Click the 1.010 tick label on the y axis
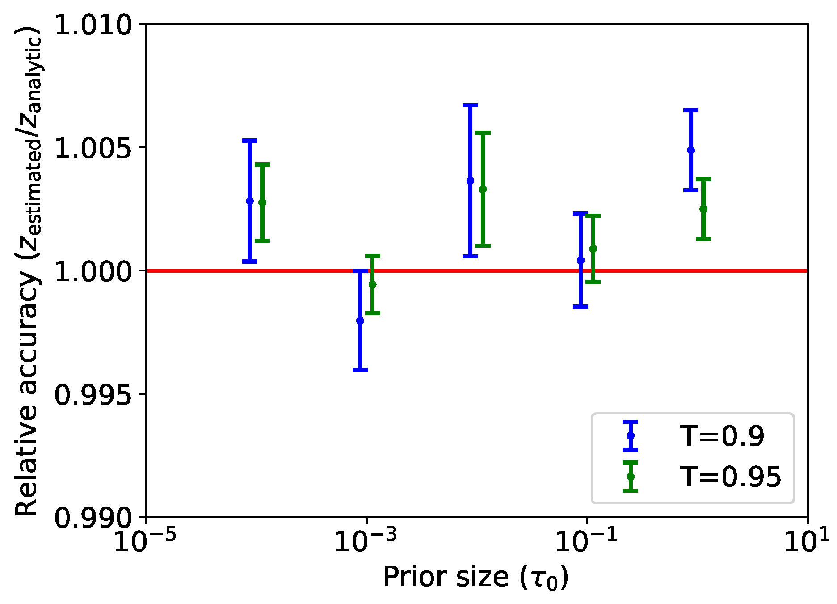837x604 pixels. [93, 25]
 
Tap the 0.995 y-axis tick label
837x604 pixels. [93, 394]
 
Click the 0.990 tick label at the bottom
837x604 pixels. [93, 518]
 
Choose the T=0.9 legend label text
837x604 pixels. [722, 436]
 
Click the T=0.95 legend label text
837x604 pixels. [731, 477]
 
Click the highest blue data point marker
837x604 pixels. [691, 150]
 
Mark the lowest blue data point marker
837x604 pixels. [360, 321]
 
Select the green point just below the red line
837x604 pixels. [373, 284]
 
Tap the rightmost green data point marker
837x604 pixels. [703, 209]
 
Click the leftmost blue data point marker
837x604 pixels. [250, 201]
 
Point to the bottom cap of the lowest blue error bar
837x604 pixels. [360, 370]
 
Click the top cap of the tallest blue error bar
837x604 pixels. [470, 105]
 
